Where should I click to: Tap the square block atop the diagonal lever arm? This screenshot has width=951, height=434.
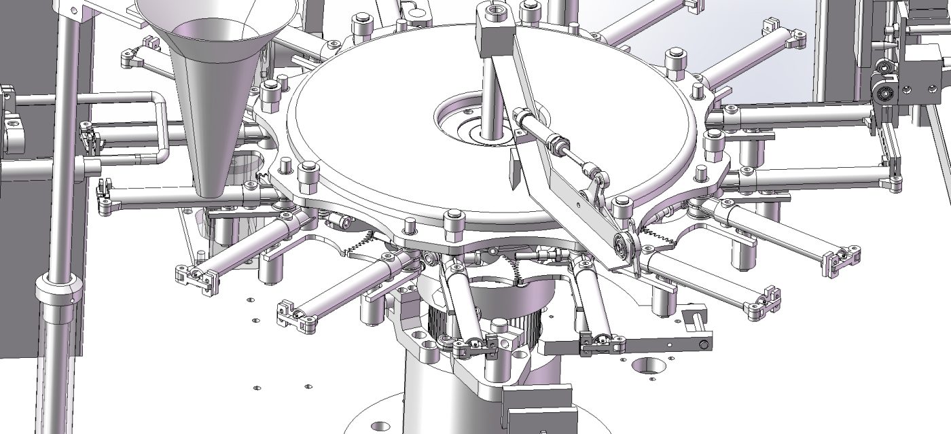tap(494, 30)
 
